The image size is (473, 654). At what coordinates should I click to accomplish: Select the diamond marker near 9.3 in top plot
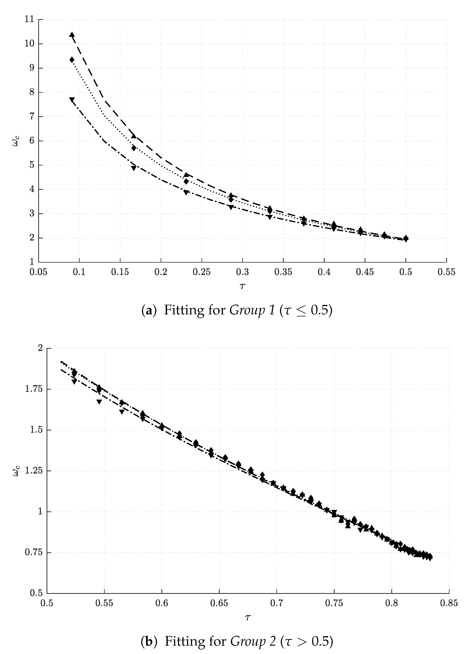[72, 60]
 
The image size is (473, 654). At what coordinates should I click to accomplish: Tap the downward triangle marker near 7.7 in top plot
[72, 100]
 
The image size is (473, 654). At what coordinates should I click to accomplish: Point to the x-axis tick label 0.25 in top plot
[202, 272]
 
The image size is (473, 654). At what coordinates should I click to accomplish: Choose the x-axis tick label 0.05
[38, 272]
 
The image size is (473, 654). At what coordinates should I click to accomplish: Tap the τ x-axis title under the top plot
[242, 286]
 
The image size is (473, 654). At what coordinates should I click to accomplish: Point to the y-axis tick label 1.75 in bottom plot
[34, 389]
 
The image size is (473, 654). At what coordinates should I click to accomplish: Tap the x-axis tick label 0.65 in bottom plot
[219, 603]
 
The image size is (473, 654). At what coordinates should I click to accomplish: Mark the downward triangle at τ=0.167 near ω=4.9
[133, 168]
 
